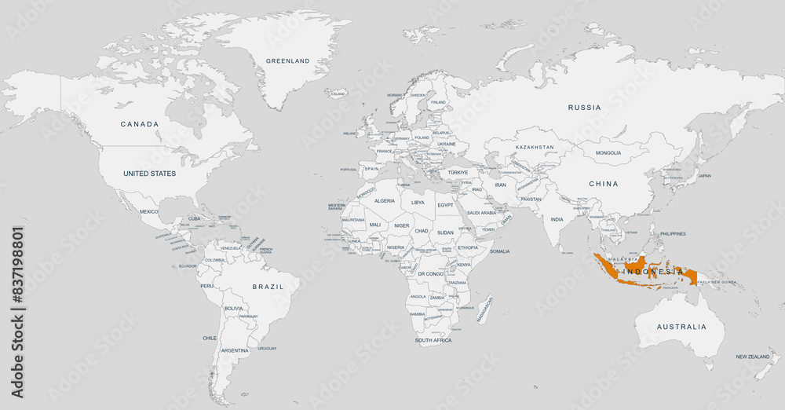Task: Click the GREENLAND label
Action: coord(288,60)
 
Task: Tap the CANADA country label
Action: coord(140,124)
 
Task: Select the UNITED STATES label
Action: coord(150,173)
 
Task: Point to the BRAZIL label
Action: coord(268,287)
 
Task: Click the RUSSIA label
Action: coord(584,108)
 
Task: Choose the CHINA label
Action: coord(604,184)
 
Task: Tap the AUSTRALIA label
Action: coord(681,327)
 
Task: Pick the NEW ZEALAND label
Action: coord(753,357)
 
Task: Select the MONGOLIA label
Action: coord(608,153)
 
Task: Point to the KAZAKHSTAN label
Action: coord(535,148)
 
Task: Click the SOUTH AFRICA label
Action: coord(433,340)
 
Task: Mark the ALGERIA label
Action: coord(385,201)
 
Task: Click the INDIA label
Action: coord(557,220)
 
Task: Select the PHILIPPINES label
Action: coord(673,233)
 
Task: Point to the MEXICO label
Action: coord(149,212)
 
